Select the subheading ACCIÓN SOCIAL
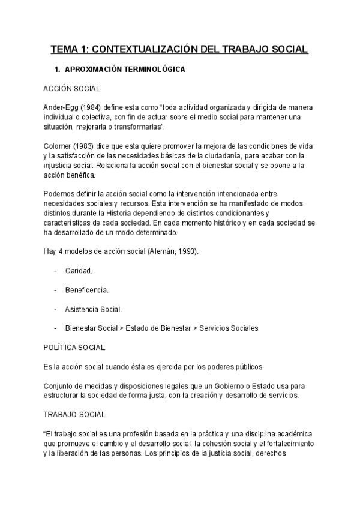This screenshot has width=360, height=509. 71,88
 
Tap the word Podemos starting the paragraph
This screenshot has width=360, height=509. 61,193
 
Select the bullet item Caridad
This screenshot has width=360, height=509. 78,271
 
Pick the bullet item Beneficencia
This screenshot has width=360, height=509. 86,291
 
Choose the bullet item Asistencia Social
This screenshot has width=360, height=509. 93,310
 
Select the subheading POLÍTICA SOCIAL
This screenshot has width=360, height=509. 74,347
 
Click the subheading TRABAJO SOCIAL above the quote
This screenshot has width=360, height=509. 74,414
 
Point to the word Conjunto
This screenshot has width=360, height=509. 59,385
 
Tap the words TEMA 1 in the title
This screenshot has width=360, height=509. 67,49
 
